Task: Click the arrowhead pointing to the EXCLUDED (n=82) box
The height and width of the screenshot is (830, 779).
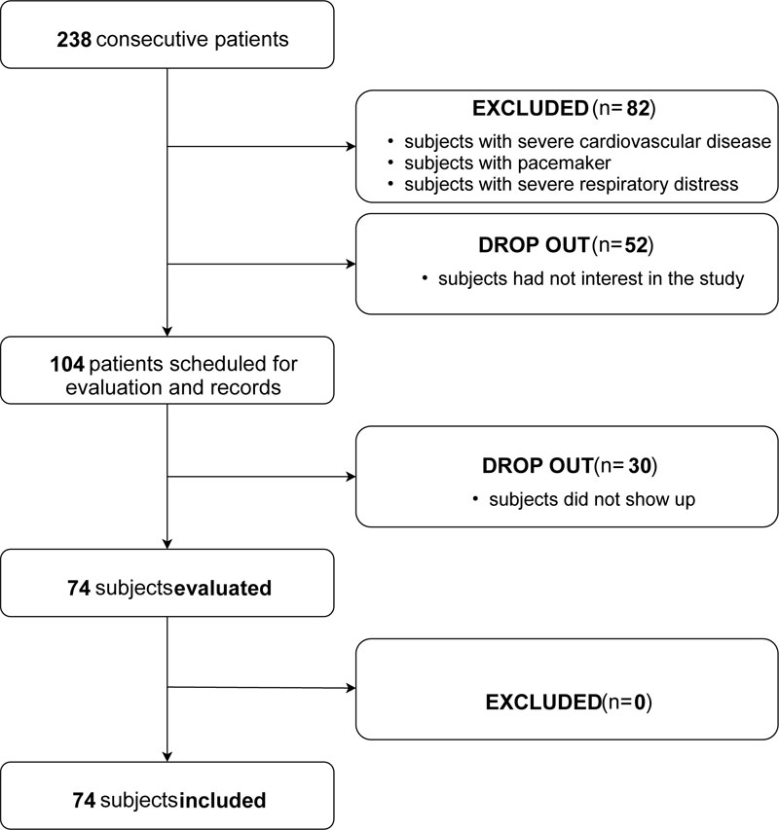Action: (x=351, y=149)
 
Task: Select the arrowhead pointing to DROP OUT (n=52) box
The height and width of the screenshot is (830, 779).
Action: (x=351, y=263)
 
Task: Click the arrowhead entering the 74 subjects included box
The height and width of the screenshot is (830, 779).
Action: (x=168, y=758)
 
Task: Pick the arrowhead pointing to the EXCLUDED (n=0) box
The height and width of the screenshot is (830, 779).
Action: (x=351, y=689)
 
